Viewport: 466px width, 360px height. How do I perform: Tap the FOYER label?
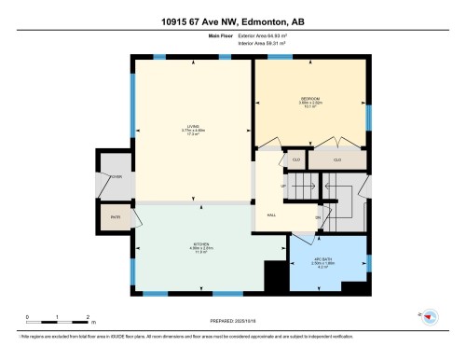(116, 174)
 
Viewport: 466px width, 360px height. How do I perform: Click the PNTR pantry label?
(116, 217)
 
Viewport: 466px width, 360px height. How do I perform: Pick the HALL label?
(272, 214)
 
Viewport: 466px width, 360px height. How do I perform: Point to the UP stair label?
(283, 185)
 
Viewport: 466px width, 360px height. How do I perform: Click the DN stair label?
(318, 218)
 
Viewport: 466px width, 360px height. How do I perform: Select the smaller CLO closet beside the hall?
(295, 159)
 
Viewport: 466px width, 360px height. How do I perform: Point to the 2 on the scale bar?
(87, 319)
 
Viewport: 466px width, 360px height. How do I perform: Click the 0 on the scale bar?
(28, 319)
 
